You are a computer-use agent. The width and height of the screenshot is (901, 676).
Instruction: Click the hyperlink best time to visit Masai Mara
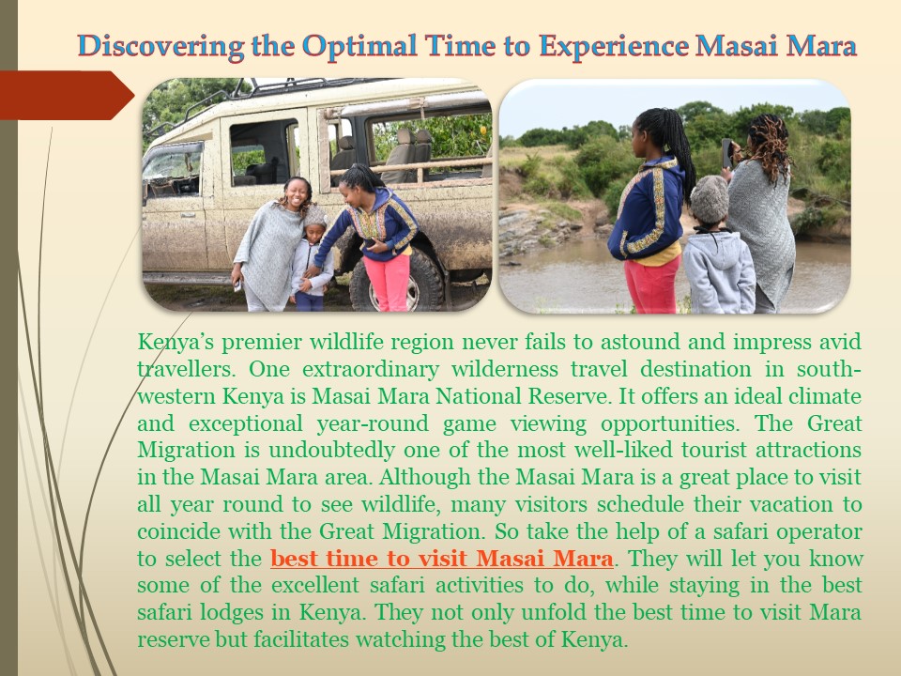[442, 560]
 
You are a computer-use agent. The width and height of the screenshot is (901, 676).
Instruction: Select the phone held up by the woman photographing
[725, 153]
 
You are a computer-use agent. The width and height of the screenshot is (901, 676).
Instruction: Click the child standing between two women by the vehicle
[311, 258]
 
